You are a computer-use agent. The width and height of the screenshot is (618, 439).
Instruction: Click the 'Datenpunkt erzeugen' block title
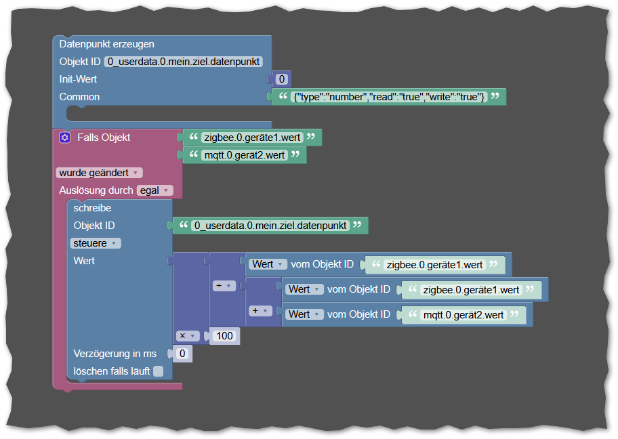coord(107,44)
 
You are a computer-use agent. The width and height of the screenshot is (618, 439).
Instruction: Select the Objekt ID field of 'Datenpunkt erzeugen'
coord(184,62)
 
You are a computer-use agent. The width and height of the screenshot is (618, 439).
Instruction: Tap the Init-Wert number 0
coord(281,79)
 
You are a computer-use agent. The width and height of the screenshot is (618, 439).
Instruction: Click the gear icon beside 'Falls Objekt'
coord(64,138)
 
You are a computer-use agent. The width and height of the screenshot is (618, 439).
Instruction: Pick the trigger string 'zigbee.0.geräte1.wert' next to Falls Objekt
coord(252,138)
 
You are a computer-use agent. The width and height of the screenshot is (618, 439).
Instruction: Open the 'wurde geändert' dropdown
coord(100,173)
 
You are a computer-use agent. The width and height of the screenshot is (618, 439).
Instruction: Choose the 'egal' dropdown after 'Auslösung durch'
coord(155,190)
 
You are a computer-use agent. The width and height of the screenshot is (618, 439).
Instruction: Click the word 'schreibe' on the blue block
coord(92,208)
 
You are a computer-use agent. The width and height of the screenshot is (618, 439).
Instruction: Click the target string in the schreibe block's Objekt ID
coord(270,226)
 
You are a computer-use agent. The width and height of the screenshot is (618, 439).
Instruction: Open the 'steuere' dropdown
coord(96,243)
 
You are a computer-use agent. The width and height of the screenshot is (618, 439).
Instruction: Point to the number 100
coord(224,336)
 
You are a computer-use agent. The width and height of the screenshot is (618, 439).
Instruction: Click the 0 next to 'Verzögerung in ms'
coord(182,354)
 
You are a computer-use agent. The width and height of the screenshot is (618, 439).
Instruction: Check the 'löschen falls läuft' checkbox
coord(158,371)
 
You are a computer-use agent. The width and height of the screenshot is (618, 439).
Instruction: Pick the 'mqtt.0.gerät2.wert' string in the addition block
coord(464,314)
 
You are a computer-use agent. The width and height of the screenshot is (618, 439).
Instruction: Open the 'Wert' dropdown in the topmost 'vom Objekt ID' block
coord(268,264)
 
